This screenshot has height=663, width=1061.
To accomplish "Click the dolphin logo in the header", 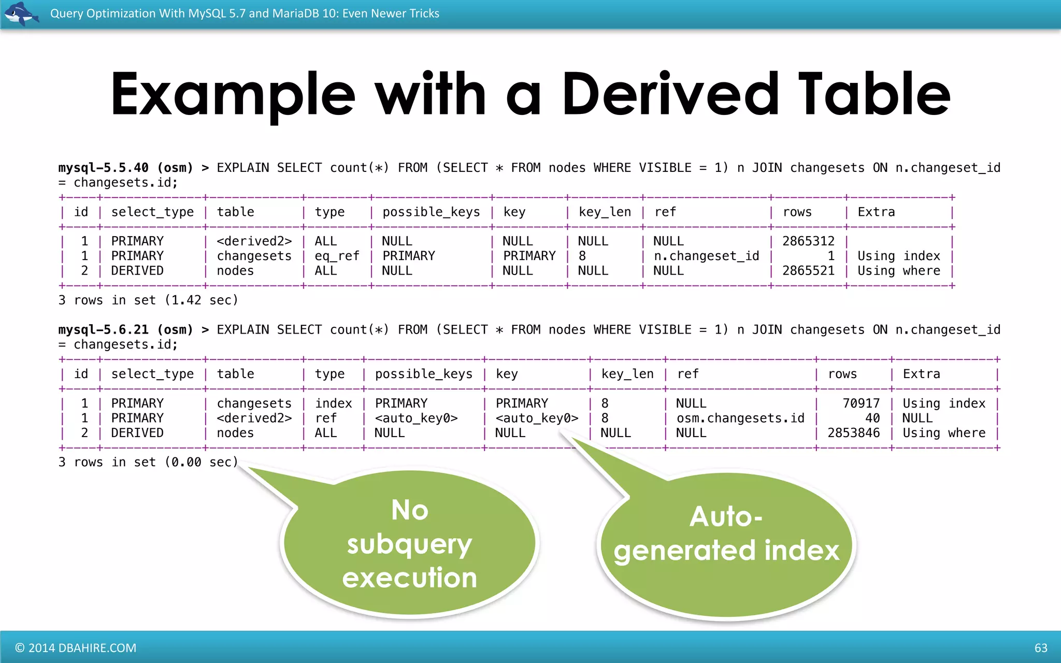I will [x=21, y=13].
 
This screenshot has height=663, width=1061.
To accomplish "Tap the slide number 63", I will [x=1040, y=647].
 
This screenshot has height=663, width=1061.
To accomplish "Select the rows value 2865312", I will [x=808, y=241].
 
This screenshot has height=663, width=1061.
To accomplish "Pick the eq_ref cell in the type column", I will [x=337, y=256].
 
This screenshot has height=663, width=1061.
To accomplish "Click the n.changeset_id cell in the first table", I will [x=706, y=256].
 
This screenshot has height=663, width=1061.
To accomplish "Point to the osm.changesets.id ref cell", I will [x=740, y=418].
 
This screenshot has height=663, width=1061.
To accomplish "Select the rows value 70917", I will [x=861, y=403].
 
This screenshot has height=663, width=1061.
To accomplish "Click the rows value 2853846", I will [x=853, y=433].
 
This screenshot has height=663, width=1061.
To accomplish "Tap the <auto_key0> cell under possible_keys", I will [x=416, y=418].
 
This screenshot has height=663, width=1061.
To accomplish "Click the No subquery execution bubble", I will [x=409, y=544].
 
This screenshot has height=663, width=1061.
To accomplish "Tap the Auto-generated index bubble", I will [x=726, y=534].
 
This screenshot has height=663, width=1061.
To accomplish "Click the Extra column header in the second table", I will [x=921, y=374].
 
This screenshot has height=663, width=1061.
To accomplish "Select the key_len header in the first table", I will [x=605, y=212].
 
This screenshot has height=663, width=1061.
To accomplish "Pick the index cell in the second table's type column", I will [x=333, y=403].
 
